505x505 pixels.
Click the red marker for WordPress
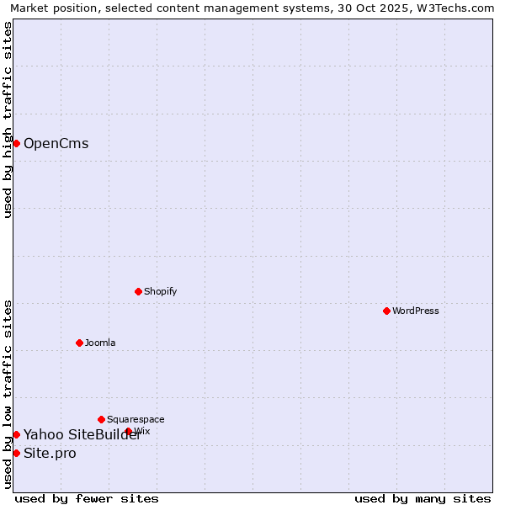(386, 311)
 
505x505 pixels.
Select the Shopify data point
(138, 291)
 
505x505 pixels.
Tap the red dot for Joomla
(79, 343)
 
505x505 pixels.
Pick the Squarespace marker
(101, 419)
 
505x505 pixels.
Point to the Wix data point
(129, 431)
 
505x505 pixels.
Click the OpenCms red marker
(16, 143)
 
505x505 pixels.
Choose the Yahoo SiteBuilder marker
(16, 434)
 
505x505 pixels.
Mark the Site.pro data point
(16, 453)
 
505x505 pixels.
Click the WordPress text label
(416, 311)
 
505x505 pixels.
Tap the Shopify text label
(161, 291)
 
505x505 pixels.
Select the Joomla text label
(100, 343)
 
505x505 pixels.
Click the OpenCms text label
(56, 143)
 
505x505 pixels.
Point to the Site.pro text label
(50, 454)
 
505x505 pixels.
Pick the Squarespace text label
(136, 419)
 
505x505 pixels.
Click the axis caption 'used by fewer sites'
(87, 498)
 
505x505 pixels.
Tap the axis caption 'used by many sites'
(423, 498)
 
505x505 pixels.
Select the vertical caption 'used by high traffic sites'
(8, 120)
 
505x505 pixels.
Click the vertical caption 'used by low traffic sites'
(8, 394)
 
